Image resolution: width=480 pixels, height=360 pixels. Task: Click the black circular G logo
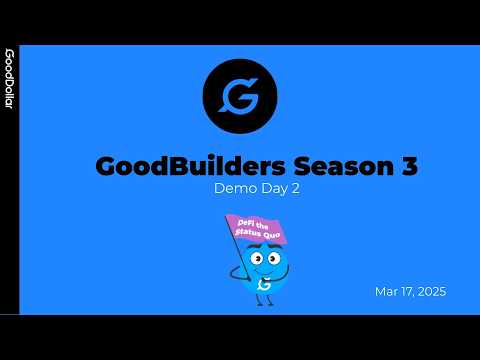pyautogui.click(x=239, y=98)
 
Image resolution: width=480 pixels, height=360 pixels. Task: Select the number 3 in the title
pyautogui.click(x=408, y=167)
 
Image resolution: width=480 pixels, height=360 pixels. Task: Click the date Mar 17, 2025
pyautogui.click(x=410, y=292)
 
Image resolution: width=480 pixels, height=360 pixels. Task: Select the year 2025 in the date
pyautogui.click(x=430, y=292)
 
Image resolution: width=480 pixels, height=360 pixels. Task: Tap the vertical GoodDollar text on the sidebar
pyautogui.click(x=9, y=79)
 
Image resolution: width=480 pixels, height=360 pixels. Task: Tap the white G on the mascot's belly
pyautogui.click(x=264, y=284)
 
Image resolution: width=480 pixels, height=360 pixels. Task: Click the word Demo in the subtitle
pyautogui.click(x=230, y=188)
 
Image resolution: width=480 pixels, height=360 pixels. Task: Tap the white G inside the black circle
pyautogui.click(x=239, y=98)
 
